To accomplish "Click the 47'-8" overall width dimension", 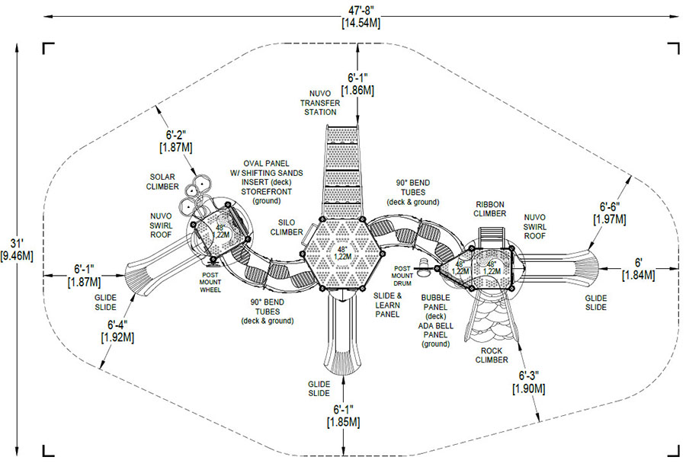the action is [x=361, y=16].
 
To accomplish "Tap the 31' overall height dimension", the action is [x=17, y=250].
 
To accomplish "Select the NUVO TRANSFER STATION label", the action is [x=320, y=103].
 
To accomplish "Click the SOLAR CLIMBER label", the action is [x=163, y=182].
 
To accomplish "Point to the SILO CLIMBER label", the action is [x=287, y=227].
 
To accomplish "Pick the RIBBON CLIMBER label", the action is [x=490, y=209].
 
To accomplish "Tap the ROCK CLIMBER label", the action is [x=492, y=356].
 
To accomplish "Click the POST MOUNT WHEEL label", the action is [x=210, y=283].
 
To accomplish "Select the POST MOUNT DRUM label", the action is [x=402, y=276].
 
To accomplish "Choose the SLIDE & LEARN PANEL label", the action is [x=388, y=305].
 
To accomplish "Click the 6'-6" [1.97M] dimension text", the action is [x=610, y=213].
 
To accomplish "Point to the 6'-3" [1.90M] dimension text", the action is [x=529, y=382].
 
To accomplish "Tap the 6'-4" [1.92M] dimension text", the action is [x=117, y=331].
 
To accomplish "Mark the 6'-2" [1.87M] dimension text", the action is [x=176, y=141].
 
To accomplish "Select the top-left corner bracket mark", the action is [x=48, y=48].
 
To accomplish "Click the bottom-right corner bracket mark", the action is [x=673, y=451].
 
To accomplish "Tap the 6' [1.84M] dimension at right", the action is [x=638, y=269].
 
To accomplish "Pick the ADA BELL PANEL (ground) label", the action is [x=436, y=335].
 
